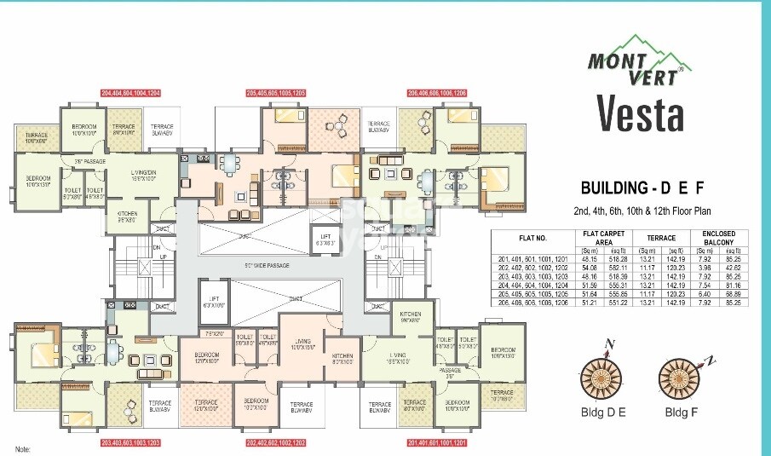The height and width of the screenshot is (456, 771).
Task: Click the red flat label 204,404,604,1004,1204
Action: coord(130,92)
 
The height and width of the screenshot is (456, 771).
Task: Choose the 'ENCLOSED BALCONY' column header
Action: coord(725,238)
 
